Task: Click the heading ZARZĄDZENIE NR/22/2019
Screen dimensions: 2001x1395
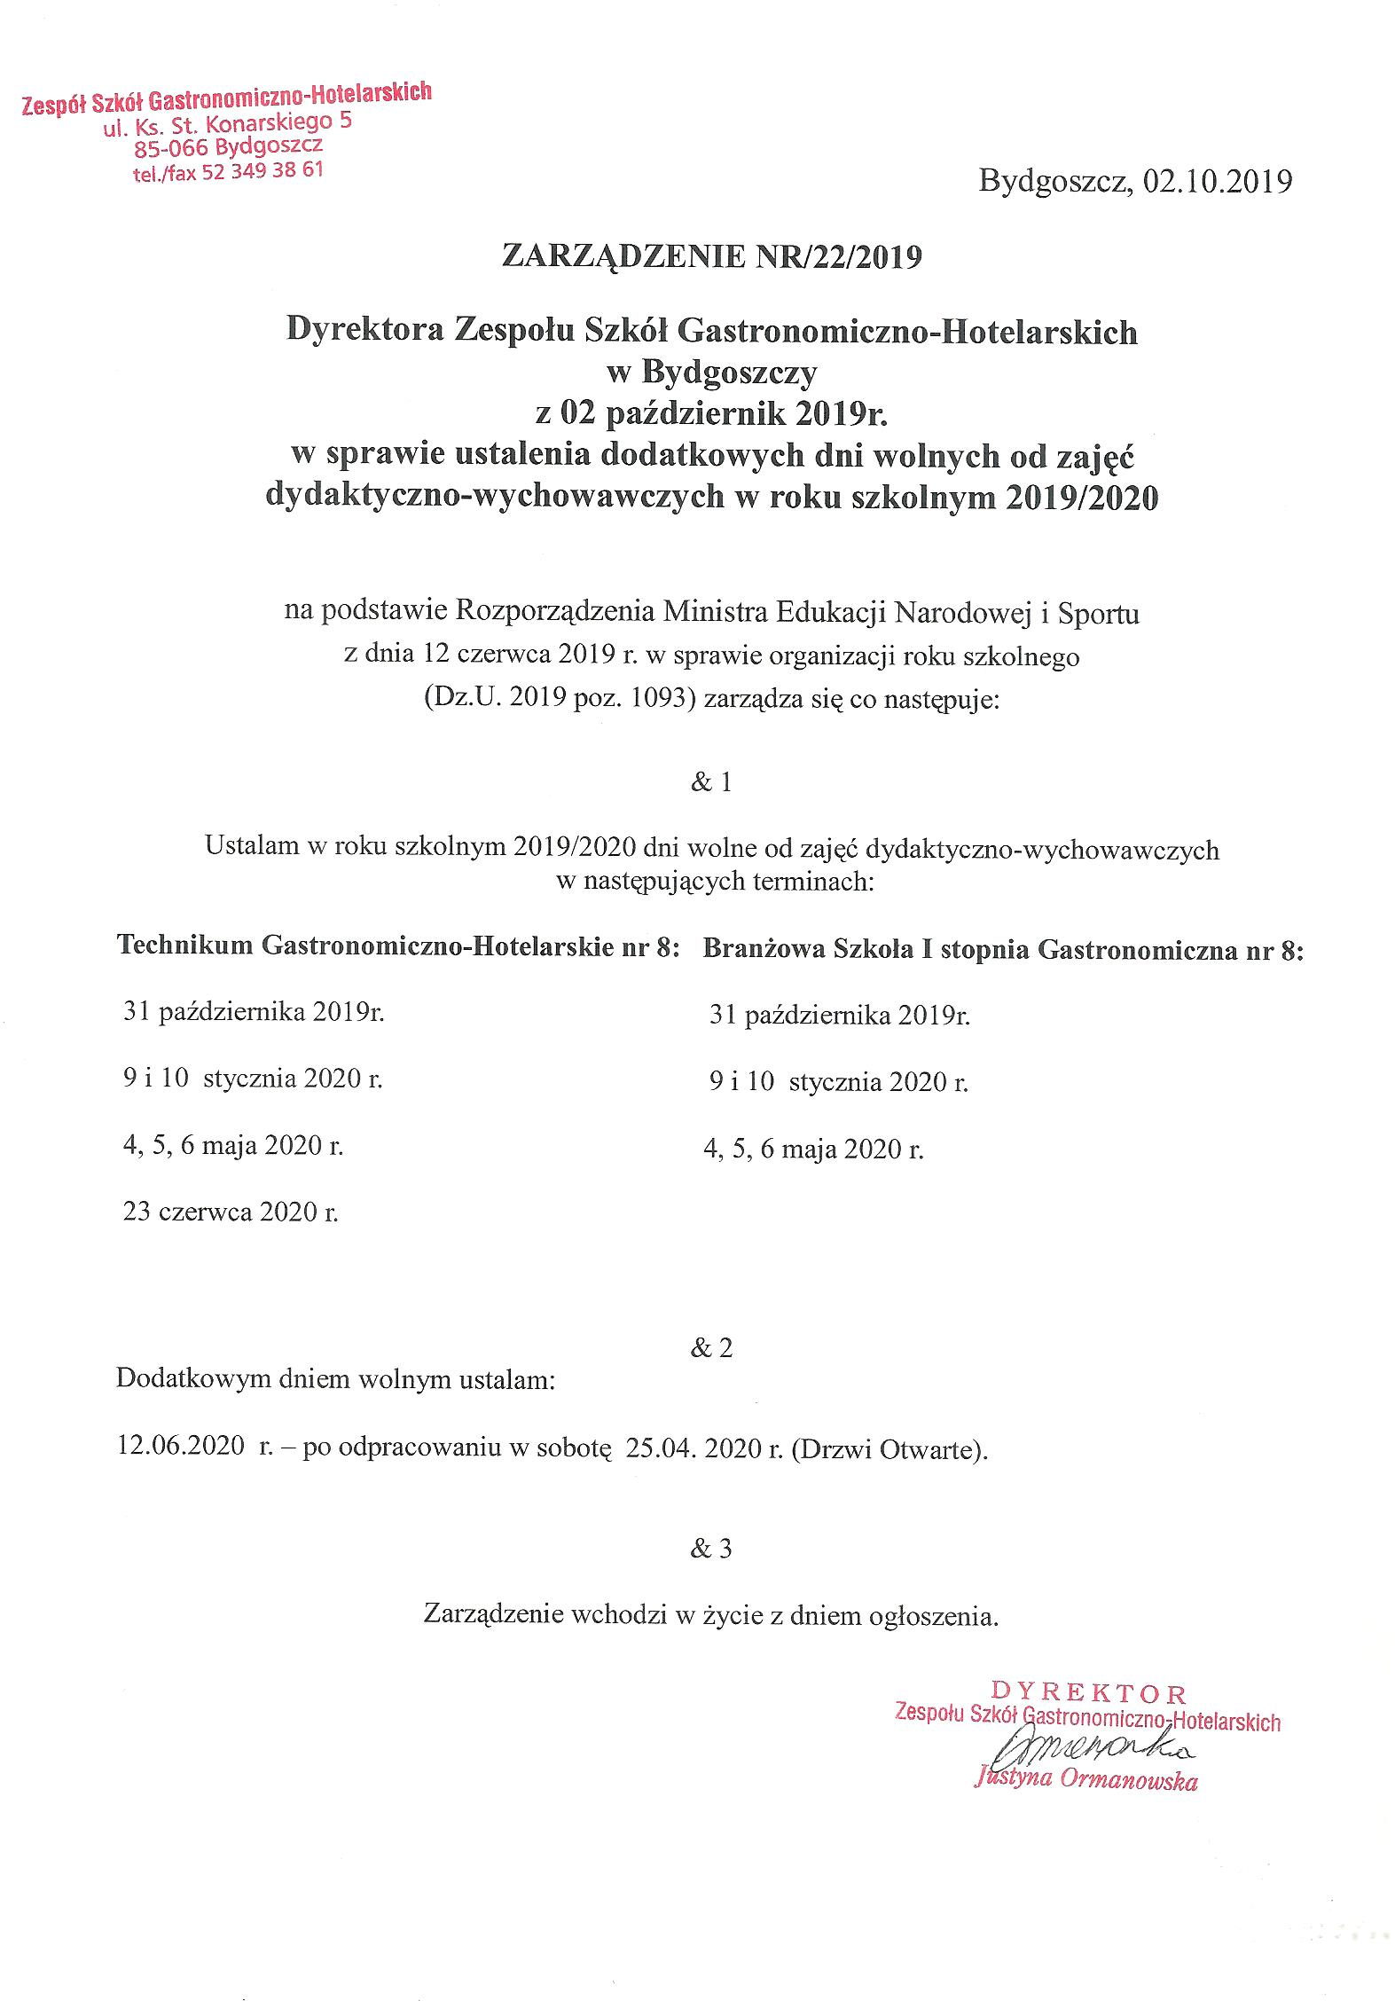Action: (x=711, y=256)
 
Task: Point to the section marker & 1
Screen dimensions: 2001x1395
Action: (x=711, y=783)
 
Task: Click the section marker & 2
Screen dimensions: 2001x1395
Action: (x=711, y=1348)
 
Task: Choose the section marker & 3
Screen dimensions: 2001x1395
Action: (x=711, y=1549)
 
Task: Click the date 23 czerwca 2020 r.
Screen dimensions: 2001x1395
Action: (x=231, y=1212)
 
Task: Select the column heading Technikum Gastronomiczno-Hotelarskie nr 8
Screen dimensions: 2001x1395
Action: (x=398, y=946)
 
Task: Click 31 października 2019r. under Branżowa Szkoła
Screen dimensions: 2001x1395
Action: (x=839, y=1016)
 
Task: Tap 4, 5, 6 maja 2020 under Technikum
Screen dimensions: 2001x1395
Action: (x=232, y=1146)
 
